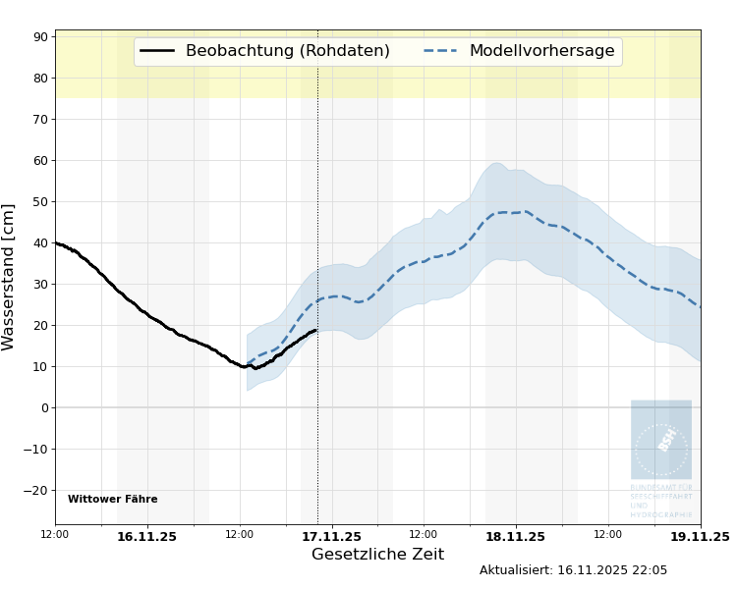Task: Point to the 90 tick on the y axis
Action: click(41, 37)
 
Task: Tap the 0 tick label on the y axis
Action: click(44, 408)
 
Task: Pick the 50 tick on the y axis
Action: click(41, 202)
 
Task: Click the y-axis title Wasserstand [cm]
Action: click(10, 277)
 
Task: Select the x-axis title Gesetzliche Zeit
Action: click(377, 555)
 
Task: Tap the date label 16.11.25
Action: click(146, 537)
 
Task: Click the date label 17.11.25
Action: click(331, 537)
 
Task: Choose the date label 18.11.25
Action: click(515, 537)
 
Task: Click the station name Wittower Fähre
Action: click(112, 500)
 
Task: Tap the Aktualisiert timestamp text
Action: click(573, 570)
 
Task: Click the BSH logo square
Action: click(661, 439)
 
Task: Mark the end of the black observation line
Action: click(315, 330)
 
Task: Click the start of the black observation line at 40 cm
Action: click(56, 242)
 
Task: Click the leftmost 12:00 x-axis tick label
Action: click(55, 534)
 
